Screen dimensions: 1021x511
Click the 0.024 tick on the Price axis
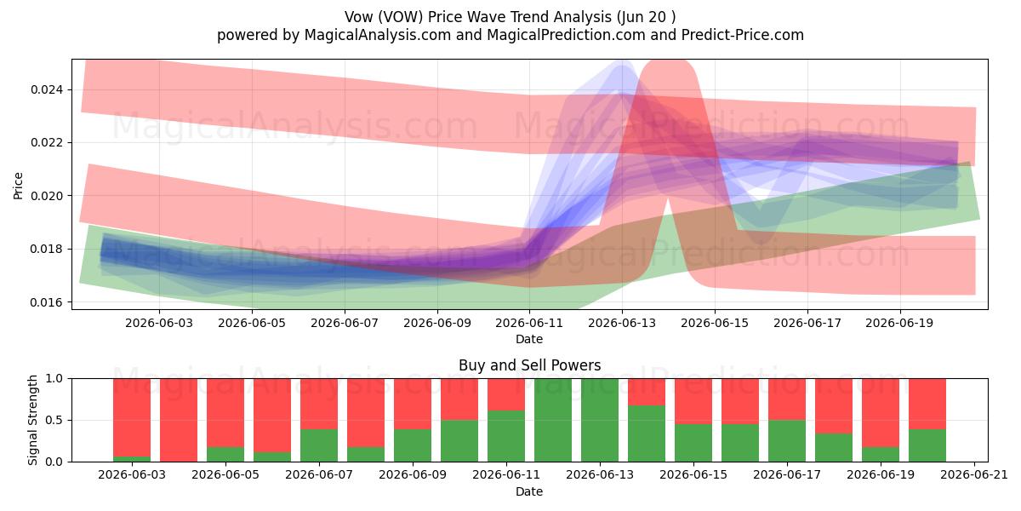pyautogui.click(x=47, y=89)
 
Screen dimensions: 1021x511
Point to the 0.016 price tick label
pyautogui.click(x=47, y=302)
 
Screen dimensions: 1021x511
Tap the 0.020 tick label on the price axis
pyautogui.click(x=47, y=196)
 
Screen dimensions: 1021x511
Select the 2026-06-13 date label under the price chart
pyautogui.click(x=622, y=323)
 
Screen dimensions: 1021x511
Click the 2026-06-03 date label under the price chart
pyautogui.click(x=159, y=323)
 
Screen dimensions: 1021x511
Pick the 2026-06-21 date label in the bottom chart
pyautogui.click(x=974, y=475)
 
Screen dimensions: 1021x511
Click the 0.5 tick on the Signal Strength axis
pyautogui.click(x=54, y=420)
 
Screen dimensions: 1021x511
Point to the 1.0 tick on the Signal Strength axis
pyautogui.click(x=54, y=379)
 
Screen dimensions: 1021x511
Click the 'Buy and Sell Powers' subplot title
pyautogui.click(x=529, y=365)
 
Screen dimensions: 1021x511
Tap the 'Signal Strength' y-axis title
pyautogui.click(x=32, y=420)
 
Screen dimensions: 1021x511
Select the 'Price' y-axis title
pyautogui.click(x=18, y=186)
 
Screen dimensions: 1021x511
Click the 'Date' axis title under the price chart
pyautogui.click(x=529, y=340)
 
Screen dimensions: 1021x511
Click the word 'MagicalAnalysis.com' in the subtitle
pyautogui.click(x=378, y=35)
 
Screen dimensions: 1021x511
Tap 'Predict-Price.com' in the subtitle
pyautogui.click(x=743, y=35)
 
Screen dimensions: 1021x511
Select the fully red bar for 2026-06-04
pyautogui.click(x=179, y=420)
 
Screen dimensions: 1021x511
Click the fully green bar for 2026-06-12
pyautogui.click(x=553, y=420)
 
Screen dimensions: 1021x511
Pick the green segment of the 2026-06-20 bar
pyautogui.click(x=927, y=445)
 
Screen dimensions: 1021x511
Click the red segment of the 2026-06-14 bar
pyautogui.click(x=647, y=392)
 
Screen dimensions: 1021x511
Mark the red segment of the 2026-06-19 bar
pyautogui.click(x=880, y=413)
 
